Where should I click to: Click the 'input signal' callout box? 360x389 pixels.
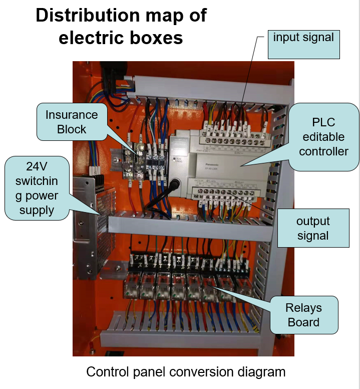[x=303, y=44]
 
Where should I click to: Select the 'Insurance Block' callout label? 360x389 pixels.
[x=72, y=122]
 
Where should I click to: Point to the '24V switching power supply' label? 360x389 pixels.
[x=37, y=188]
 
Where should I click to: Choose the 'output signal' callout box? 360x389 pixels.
[x=313, y=228]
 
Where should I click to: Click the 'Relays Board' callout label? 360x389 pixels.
[x=303, y=314]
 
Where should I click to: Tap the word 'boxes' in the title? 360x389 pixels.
[x=156, y=38]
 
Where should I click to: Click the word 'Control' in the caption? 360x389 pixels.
[x=107, y=372]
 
